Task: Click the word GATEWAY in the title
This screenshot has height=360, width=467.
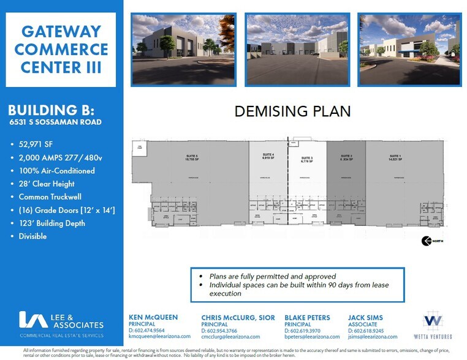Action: [60, 31]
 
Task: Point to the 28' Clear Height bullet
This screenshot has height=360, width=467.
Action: [47, 184]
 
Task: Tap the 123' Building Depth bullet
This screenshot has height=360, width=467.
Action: [52, 223]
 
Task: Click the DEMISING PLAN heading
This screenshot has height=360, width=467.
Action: [293, 111]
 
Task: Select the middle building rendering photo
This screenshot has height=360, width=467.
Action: [297, 49]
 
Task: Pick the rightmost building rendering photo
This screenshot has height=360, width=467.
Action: [409, 49]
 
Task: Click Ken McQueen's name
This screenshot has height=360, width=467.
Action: [153, 317]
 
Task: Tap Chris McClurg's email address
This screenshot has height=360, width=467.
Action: [230, 337]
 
